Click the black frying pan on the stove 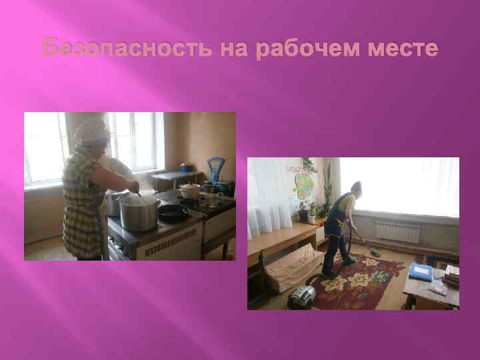[x=172, y=213]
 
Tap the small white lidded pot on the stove [x=190, y=191]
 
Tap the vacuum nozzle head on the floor [x=375, y=252]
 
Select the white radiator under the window [x=398, y=231]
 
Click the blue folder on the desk [x=420, y=271]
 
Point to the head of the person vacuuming [x=357, y=187]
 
